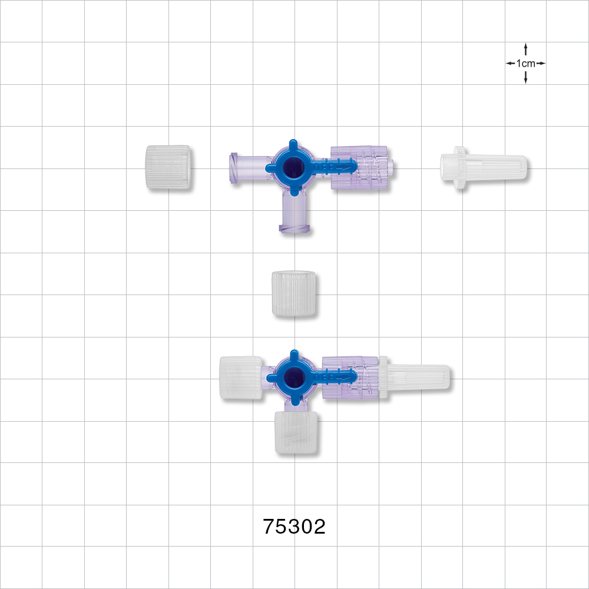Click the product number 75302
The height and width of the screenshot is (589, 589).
coord(294,526)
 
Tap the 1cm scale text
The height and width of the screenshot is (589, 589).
coord(525,64)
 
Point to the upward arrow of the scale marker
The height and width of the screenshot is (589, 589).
coord(525,50)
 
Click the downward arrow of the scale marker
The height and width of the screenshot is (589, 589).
coord(525,77)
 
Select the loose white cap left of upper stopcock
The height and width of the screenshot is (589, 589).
coord(168,167)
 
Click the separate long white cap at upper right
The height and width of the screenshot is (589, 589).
coord(484,167)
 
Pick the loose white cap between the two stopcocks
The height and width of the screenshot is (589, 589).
coord(294,293)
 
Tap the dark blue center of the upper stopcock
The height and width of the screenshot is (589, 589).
coord(291,167)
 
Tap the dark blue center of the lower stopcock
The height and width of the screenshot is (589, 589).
coord(292,377)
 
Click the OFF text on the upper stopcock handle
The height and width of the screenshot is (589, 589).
coord(323,167)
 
